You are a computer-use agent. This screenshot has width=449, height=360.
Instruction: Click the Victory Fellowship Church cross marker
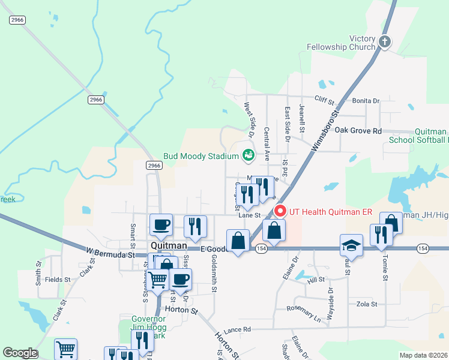[x=384, y=42]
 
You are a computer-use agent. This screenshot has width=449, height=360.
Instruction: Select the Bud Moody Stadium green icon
[x=247, y=156]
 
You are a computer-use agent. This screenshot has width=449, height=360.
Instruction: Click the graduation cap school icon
[x=351, y=245]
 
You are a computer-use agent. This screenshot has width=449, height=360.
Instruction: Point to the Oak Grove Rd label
[x=358, y=130]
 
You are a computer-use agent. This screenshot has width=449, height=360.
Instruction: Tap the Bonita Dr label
[x=366, y=101]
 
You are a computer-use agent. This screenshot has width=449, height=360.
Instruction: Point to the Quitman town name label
[x=168, y=247]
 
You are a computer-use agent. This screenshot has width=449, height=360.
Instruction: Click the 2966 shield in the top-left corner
[x=17, y=20]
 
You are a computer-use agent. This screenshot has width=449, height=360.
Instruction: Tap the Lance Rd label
[x=237, y=330]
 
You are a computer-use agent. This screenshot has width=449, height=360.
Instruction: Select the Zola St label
[x=366, y=304]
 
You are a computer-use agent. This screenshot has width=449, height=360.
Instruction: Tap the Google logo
[x=19, y=353]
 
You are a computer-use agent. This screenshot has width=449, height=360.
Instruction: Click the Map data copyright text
[x=423, y=355]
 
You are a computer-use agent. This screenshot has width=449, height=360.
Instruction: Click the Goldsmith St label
[x=214, y=273]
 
